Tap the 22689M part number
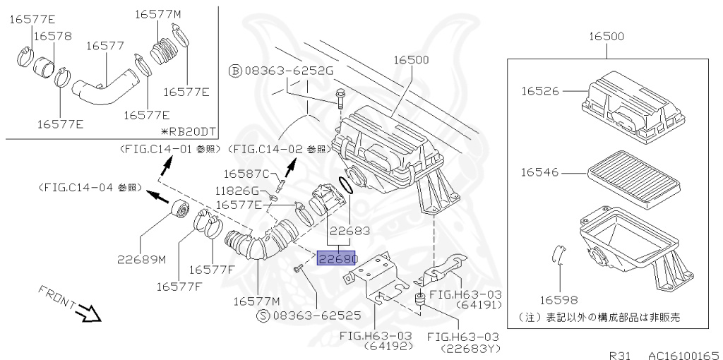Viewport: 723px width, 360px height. point(141,260)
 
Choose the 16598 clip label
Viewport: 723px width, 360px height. point(559,301)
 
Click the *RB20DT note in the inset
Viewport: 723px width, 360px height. point(188,131)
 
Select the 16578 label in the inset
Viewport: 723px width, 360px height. point(53,36)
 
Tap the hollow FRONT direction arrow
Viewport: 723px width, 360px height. point(90,313)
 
